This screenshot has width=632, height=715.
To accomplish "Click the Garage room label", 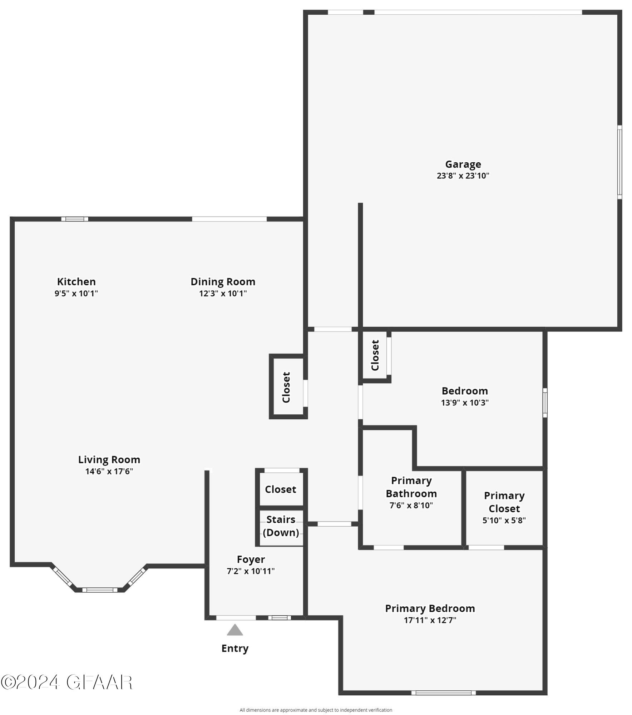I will pyautogui.click(x=463, y=164).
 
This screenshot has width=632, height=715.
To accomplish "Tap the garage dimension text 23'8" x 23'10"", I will pyautogui.click(x=463, y=176).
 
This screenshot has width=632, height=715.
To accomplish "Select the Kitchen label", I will pyautogui.click(x=76, y=281).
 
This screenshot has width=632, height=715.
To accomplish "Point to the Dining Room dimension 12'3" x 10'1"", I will pyautogui.click(x=223, y=293).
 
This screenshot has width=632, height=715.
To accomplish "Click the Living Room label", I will pyautogui.click(x=109, y=459).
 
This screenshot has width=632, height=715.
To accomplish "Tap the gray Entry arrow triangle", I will pyautogui.click(x=235, y=630).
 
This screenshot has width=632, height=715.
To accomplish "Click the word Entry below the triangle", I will pyautogui.click(x=235, y=648).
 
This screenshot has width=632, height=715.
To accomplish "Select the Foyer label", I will pyautogui.click(x=251, y=559).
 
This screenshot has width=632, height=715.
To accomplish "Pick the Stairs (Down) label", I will pyautogui.click(x=281, y=526).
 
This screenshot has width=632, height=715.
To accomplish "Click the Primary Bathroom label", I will pyautogui.click(x=411, y=487).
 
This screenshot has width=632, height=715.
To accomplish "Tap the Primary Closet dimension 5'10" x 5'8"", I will pyautogui.click(x=504, y=520).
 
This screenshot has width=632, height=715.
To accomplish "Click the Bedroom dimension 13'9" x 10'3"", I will pyautogui.click(x=464, y=403).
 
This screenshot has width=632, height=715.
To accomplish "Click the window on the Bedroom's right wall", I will pyautogui.click(x=545, y=403).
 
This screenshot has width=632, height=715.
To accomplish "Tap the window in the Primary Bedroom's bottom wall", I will pyautogui.click(x=443, y=693).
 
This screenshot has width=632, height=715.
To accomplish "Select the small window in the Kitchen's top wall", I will pyautogui.click(x=75, y=219).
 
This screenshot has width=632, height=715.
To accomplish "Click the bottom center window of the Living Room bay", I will pyautogui.click(x=100, y=590).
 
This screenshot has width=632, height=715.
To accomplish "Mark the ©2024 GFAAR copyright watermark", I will pyautogui.click(x=66, y=682).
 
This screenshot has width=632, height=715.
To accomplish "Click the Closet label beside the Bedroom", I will pyautogui.click(x=375, y=355).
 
